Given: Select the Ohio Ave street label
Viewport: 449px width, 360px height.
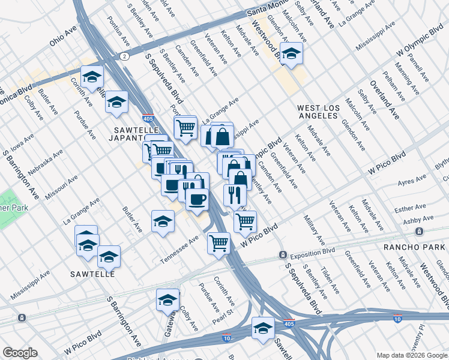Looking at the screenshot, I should click(64, 40).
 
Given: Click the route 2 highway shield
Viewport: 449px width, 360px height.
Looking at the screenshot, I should click(124, 56).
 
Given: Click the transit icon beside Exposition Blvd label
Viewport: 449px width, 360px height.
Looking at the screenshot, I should click(282, 255).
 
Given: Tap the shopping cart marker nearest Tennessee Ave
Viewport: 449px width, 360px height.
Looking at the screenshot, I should click(218, 243).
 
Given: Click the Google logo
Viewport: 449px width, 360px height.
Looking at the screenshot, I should click(20, 353).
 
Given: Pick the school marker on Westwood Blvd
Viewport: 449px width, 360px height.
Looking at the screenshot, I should click(291, 54).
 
